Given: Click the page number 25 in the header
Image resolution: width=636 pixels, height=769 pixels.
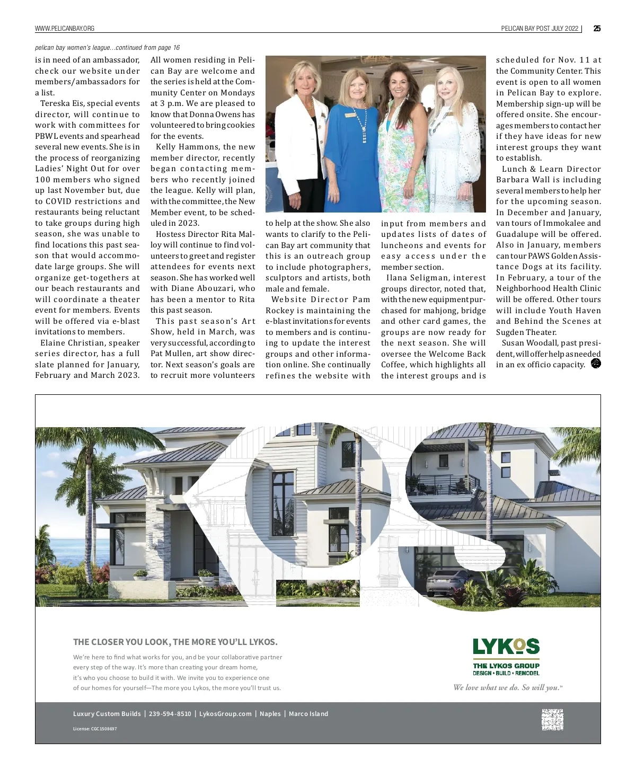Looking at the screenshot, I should coord(597,29).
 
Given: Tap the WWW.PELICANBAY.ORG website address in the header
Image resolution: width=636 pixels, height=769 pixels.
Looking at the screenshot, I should coord(65,29).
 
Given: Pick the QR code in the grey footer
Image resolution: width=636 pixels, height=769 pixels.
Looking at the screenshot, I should coord(552,720).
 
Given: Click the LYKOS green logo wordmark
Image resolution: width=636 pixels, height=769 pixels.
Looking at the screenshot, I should coord(506,647).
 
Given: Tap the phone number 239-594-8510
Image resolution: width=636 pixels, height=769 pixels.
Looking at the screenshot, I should coord(170,714).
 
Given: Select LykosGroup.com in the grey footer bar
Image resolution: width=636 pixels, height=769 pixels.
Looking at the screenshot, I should coord(225,714).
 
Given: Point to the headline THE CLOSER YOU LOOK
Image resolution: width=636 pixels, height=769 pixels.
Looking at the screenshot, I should coord(175,642).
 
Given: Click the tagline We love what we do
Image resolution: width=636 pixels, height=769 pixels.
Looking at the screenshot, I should coord(507,688).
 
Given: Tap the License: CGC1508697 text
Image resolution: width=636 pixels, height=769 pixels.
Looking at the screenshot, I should coord(95,729).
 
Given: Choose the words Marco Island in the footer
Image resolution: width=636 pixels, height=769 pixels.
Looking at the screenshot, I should coord(308,714).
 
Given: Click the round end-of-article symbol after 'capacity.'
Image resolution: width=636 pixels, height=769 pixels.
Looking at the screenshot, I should coord(596,364).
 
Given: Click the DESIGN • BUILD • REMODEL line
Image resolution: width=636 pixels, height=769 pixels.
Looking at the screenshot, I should coord(506,673).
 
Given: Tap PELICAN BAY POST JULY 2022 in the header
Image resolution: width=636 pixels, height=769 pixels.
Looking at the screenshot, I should coord(540,29).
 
